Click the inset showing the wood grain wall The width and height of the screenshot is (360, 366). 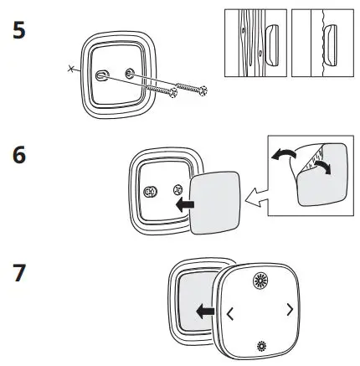256,47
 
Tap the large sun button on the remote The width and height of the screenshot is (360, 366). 257,281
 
